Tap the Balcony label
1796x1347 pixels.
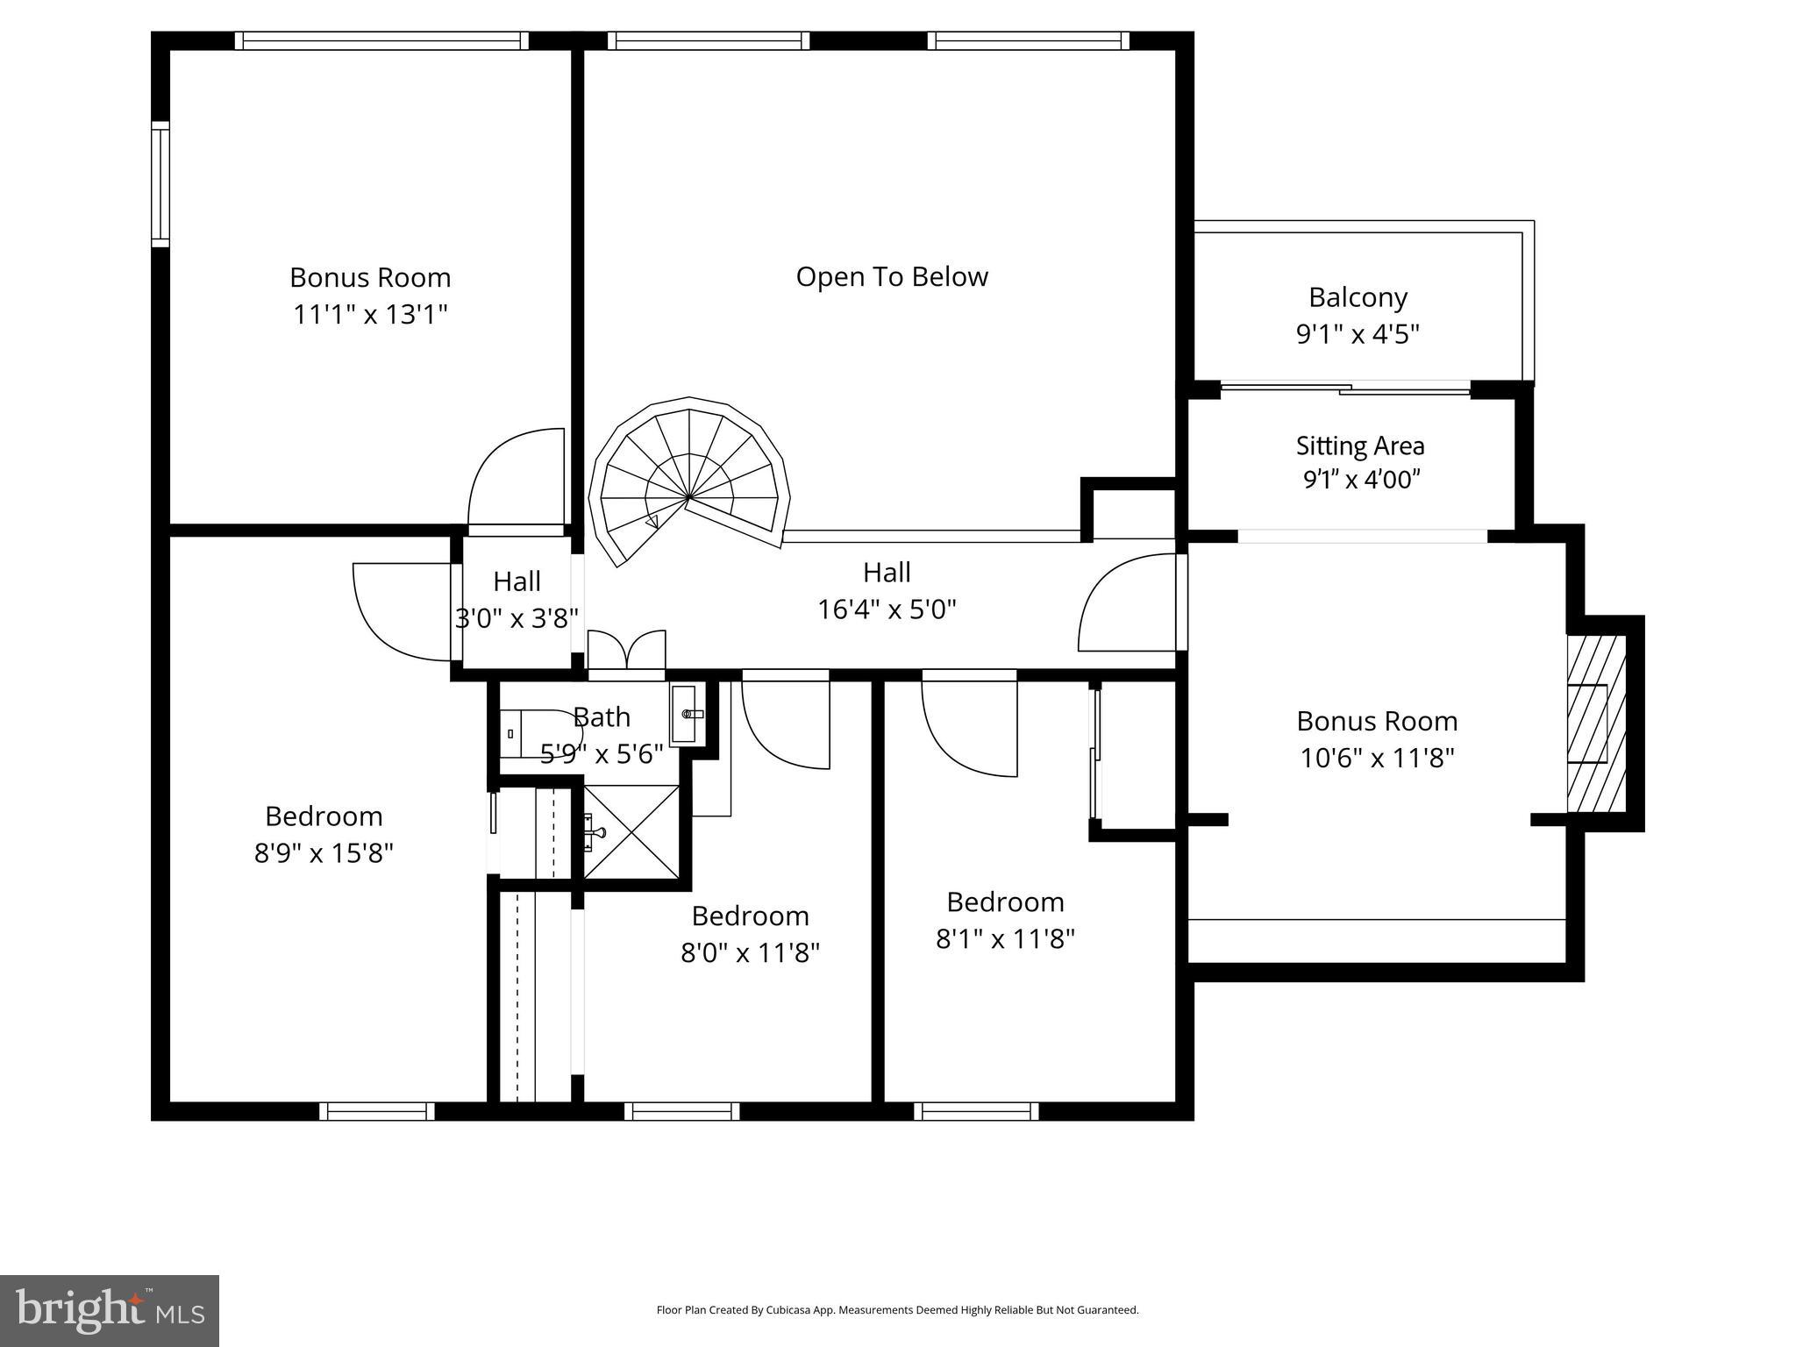1358,298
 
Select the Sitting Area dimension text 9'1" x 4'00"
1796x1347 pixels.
1361,480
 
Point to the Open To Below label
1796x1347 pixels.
892,277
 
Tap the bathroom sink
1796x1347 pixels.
688,714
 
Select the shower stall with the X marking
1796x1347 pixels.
631,831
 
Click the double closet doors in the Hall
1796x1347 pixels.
626,651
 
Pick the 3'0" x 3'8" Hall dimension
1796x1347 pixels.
517,619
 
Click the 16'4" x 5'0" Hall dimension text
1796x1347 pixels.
887,609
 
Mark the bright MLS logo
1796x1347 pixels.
110,1310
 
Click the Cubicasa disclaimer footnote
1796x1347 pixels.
897,1310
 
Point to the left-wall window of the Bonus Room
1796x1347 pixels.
160,184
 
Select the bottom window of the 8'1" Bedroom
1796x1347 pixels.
976,1111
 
